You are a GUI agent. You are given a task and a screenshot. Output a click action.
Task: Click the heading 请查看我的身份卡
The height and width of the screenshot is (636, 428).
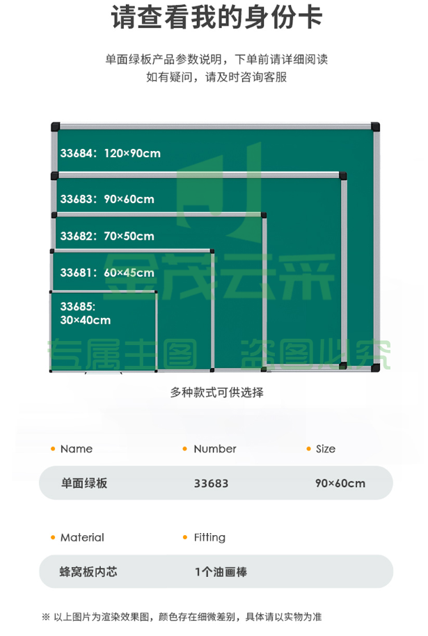(x=216, y=17)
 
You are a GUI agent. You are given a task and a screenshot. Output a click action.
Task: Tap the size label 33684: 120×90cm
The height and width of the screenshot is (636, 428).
(x=111, y=153)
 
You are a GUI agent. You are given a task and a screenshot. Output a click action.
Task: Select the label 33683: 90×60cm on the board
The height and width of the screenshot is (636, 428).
(x=107, y=199)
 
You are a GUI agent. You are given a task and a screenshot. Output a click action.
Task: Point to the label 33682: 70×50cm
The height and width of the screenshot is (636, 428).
(x=107, y=236)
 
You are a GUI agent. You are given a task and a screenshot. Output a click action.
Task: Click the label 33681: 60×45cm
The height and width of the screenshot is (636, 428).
(x=107, y=273)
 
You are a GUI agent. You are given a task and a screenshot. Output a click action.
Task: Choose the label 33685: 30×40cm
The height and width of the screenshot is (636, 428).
(x=85, y=313)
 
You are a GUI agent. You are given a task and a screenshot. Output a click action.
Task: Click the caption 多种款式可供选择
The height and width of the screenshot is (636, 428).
(x=216, y=392)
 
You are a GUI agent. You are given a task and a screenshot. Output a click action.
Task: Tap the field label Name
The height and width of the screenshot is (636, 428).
(x=77, y=449)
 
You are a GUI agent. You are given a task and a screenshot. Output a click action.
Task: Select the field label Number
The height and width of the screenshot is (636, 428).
(x=215, y=449)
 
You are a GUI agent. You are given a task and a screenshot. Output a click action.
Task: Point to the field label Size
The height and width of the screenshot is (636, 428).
(x=326, y=449)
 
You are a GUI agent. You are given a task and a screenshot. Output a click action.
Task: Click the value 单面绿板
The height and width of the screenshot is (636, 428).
(x=84, y=483)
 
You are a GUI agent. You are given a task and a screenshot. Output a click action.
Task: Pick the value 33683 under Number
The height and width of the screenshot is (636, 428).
(x=211, y=484)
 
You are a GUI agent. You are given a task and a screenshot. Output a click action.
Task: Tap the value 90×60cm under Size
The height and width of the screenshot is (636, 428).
(x=340, y=484)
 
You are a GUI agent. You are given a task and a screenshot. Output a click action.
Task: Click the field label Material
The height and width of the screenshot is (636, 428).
(x=82, y=537)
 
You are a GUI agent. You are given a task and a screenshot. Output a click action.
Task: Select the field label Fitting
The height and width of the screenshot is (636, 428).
(x=209, y=538)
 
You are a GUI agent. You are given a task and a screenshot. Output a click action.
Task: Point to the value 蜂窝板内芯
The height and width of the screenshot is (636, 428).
(x=88, y=572)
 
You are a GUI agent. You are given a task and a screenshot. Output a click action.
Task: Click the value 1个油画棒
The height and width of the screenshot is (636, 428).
(x=221, y=572)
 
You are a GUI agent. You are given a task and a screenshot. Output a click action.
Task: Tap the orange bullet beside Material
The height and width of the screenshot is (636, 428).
(x=53, y=537)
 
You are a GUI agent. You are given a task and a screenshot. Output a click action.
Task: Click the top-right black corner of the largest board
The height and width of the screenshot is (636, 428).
(x=375, y=127)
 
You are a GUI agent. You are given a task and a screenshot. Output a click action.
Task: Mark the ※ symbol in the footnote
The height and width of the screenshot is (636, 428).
(x=45, y=617)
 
